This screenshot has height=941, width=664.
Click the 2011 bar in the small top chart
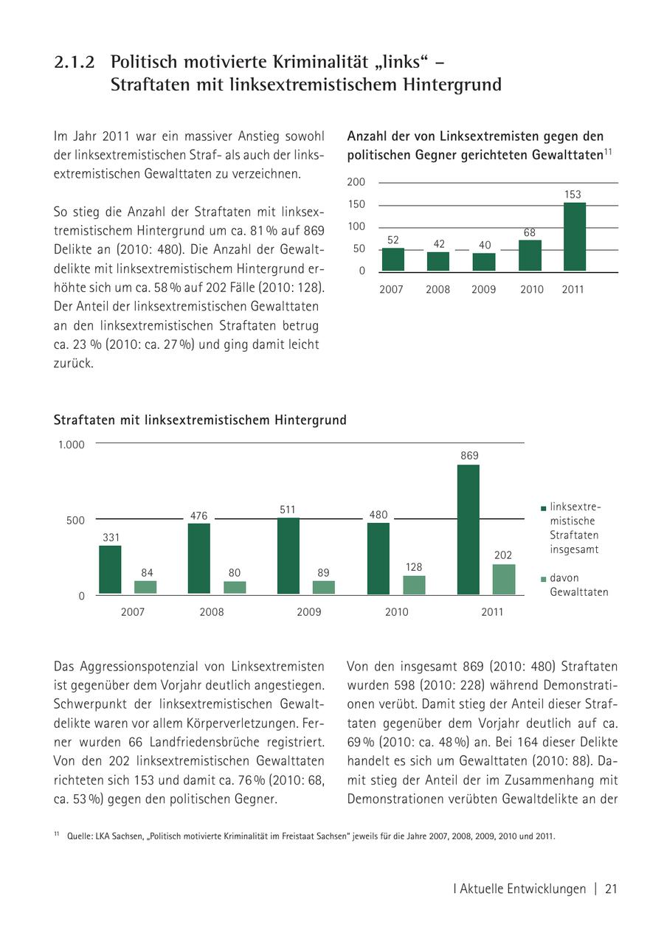[x=574, y=237]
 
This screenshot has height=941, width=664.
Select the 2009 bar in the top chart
[x=484, y=262]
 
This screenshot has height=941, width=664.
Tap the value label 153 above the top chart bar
[x=573, y=195]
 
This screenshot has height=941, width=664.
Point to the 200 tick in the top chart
[x=356, y=182]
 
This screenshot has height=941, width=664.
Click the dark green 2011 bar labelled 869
[x=468, y=529]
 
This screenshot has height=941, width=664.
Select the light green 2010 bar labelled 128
[x=414, y=585]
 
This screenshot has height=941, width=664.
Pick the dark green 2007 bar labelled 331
[x=110, y=569]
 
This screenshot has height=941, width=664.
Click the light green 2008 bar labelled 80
[x=235, y=587]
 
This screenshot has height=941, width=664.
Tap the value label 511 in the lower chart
[x=288, y=510]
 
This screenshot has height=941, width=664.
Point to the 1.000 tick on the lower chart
[x=72, y=445]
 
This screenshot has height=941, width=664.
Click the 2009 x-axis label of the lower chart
[x=309, y=612]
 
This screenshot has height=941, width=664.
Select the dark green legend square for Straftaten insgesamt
[x=544, y=508]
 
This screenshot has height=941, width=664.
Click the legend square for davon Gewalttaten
[x=544, y=579]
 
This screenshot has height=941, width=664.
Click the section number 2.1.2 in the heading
[x=75, y=63]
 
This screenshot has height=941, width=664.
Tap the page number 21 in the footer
[x=611, y=889]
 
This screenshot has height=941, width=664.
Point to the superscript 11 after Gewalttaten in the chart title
[x=609, y=153]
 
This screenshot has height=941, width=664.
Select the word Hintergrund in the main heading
[x=452, y=85]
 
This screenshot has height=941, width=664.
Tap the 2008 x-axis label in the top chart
[x=438, y=290]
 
